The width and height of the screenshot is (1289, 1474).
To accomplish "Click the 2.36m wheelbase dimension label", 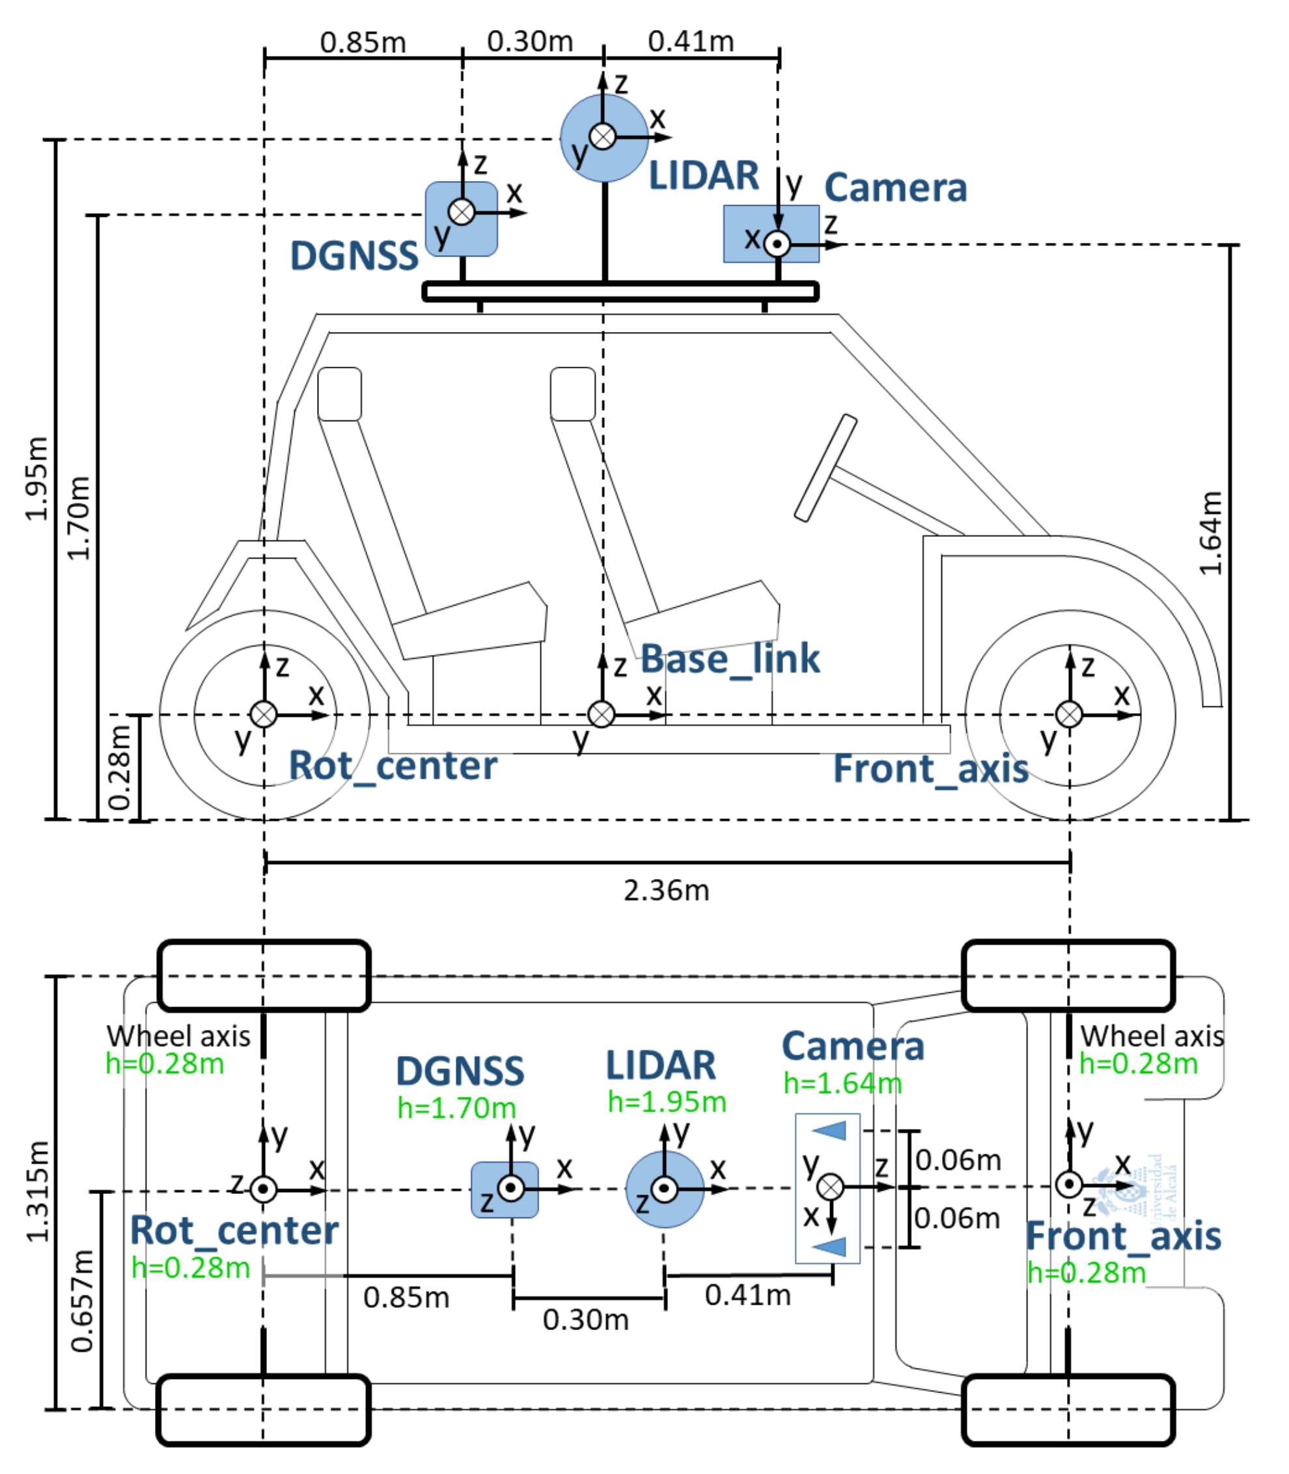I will pos(666,891).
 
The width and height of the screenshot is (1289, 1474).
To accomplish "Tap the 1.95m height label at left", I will pos(36,479).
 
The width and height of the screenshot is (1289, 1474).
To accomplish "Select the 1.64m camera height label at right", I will pos(1211,533).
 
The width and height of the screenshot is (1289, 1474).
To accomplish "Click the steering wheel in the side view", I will pos(825,467).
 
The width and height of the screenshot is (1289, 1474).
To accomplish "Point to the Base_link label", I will pos(729,659).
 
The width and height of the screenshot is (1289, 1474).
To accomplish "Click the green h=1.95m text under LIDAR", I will pos(667,1102).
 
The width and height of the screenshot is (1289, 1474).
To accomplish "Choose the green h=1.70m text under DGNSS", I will pos(457,1108).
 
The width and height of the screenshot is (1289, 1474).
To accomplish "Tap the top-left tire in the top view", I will pos(263,975).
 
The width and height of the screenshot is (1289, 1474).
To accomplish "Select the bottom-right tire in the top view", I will pos(1068,1410).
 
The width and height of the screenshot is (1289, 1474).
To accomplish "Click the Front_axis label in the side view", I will pos(930,769).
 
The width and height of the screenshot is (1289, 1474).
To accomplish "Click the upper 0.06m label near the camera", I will pos(958,1160).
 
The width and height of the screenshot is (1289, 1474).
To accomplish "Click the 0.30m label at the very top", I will pos(529,42).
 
